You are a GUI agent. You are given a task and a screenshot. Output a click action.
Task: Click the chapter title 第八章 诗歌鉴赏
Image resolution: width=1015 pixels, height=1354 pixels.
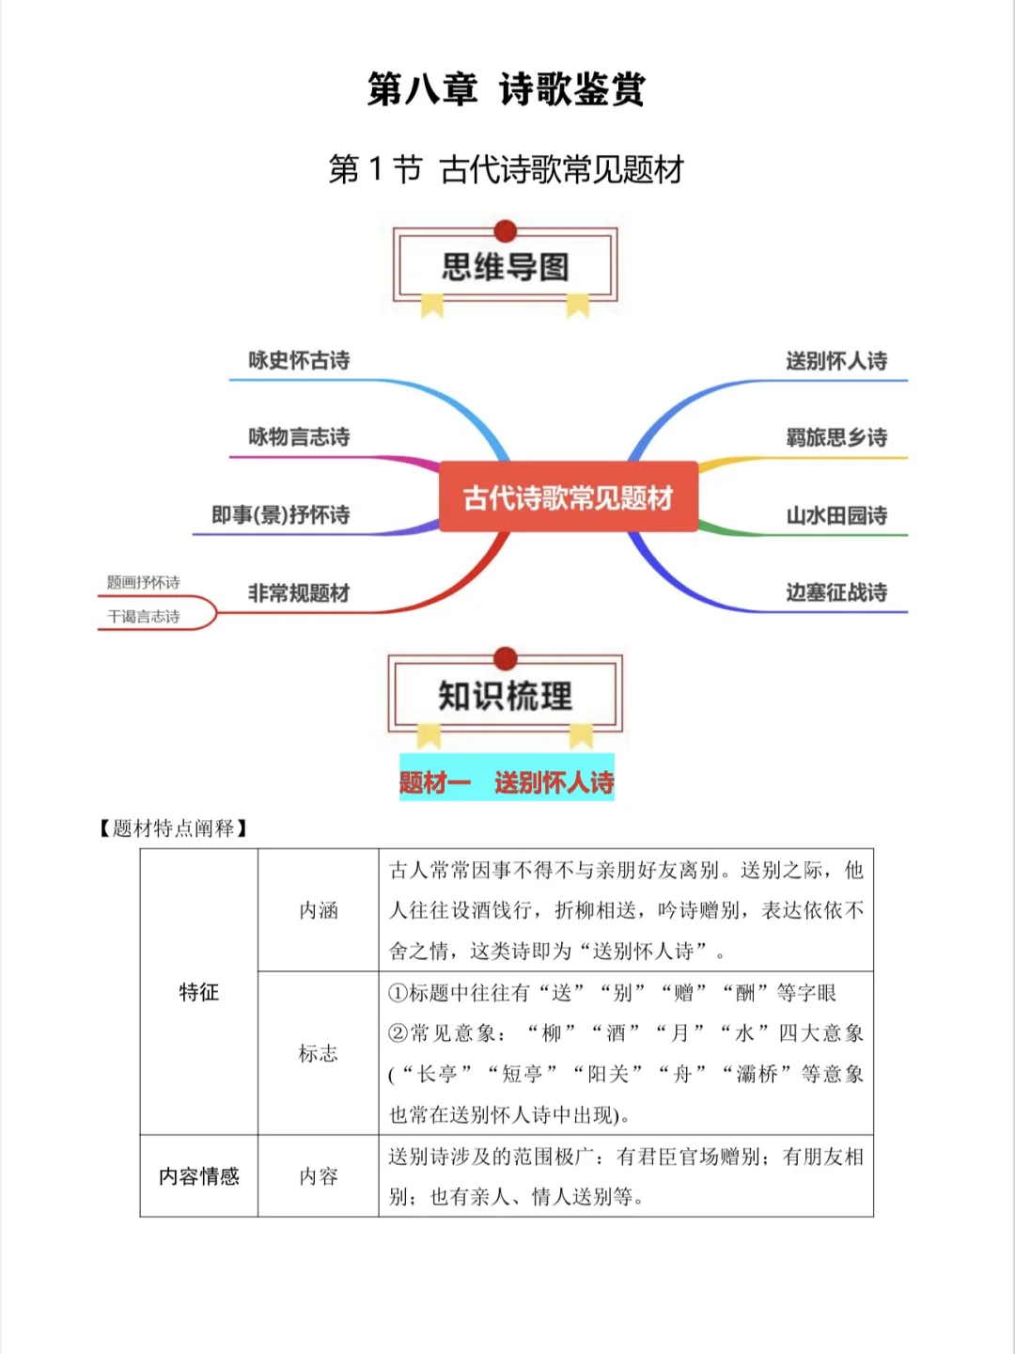click(x=506, y=89)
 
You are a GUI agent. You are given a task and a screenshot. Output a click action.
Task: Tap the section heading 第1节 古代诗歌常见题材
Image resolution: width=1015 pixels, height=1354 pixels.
click(x=506, y=169)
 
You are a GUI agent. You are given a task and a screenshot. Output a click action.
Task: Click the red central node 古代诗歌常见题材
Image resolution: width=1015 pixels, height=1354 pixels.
click(x=569, y=497)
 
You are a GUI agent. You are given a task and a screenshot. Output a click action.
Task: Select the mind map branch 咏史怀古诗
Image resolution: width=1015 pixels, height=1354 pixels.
click(x=299, y=360)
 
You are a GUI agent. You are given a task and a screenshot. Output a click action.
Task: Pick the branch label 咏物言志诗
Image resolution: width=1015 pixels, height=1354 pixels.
click(x=299, y=437)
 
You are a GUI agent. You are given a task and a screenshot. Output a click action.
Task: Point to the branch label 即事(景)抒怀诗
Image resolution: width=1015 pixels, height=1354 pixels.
click(x=280, y=515)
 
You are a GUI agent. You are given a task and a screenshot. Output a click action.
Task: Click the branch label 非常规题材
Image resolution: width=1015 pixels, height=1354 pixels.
click(x=299, y=593)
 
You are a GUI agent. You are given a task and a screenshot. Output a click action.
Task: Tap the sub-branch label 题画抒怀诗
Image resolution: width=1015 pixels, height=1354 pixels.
click(x=143, y=583)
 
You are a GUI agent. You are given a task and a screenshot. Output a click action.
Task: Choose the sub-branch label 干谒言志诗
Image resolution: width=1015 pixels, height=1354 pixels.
click(x=143, y=617)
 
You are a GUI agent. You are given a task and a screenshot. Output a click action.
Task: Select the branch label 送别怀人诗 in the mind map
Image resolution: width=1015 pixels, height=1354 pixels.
click(x=836, y=361)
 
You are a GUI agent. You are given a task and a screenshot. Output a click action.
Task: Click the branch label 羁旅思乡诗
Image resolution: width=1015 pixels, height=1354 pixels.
click(x=836, y=438)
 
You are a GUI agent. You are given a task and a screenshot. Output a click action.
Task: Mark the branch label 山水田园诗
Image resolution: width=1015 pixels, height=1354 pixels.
click(x=836, y=516)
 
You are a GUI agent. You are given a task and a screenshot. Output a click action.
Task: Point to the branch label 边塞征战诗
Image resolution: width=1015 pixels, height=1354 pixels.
click(x=836, y=593)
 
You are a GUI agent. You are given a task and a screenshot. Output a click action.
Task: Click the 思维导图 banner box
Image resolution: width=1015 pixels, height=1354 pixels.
click(x=506, y=267)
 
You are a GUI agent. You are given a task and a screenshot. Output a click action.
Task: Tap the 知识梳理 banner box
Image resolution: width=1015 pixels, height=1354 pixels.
click(x=506, y=696)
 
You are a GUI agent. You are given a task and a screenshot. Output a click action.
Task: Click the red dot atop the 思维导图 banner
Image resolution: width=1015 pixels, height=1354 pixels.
click(x=506, y=231)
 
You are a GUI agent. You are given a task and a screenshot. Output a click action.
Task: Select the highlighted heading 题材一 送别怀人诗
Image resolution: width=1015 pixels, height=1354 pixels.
click(x=507, y=782)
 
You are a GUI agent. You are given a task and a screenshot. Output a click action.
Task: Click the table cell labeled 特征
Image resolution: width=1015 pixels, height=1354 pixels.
click(x=199, y=992)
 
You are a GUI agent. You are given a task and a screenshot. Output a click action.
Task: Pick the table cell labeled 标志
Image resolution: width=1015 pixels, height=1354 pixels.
click(x=318, y=1053)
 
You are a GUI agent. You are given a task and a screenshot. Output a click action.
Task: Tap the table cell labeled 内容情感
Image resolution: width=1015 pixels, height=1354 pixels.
click(x=199, y=1176)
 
